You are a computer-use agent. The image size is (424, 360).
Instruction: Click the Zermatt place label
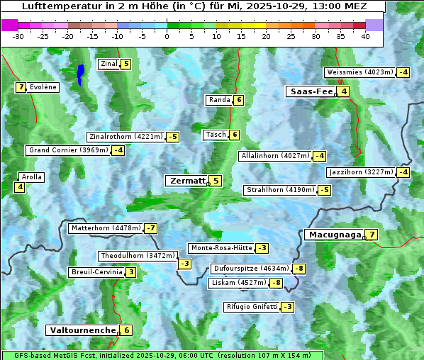click(186, 181)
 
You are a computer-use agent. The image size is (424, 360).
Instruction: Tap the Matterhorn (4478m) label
click(106, 228)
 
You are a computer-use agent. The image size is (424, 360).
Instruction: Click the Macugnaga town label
click(333, 235)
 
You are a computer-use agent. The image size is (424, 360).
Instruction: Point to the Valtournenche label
click(82, 330)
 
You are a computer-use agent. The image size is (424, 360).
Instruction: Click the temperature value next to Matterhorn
click(151, 228)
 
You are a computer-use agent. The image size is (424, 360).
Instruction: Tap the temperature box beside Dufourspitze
click(300, 269)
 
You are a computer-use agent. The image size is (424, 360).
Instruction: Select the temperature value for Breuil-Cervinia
click(131, 272)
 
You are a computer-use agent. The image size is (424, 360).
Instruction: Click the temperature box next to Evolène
click(21, 87)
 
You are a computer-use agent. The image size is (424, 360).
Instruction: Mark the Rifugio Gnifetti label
click(252, 307)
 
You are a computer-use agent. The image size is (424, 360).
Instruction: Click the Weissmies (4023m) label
click(359, 72)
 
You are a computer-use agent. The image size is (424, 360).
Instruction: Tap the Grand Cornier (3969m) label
click(69, 150)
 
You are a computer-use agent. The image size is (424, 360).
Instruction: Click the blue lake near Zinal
click(81, 74)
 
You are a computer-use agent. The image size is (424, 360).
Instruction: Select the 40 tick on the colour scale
click(365, 36)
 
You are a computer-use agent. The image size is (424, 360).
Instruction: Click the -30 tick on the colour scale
click(18, 36)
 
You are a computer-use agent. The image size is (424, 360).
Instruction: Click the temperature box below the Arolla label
click(20, 187)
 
